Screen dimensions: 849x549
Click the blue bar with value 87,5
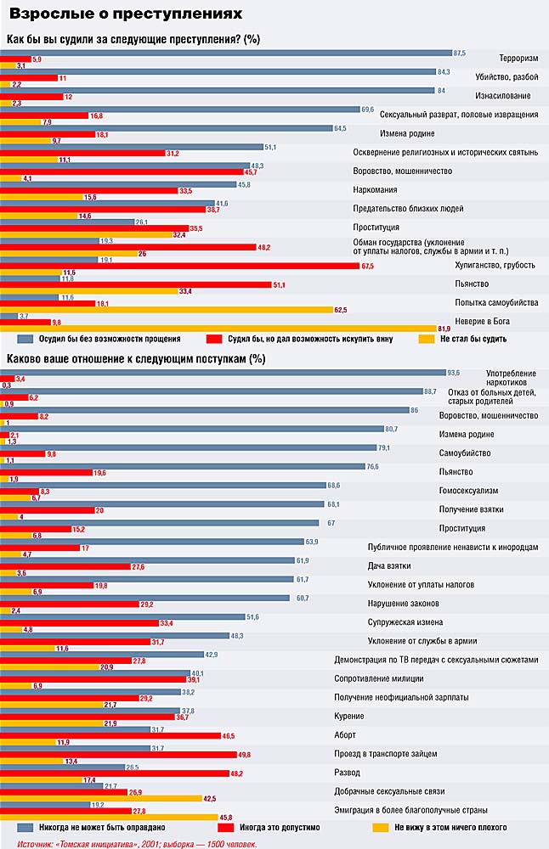(x=226, y=53)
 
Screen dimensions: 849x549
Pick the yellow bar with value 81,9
(x=218, y=328)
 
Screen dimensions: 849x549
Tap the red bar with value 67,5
(x=180, y=266)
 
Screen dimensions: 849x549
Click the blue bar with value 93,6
(x=223, y=372)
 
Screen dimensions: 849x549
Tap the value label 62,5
(x=341, y=310)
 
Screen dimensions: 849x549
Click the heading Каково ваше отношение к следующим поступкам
(x=134, y=358)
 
